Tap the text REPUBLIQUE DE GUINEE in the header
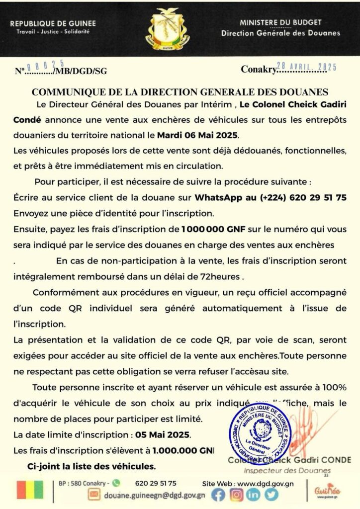tap(53, 23)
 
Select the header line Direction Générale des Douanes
tap(280, 33)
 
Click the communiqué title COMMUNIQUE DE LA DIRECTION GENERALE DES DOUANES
tap(180, 92)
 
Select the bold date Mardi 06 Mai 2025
tap(198, 135)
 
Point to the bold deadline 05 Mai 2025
tap(163, 434)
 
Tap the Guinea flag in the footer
tap(30, 490)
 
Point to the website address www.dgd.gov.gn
tap(265, 483)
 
